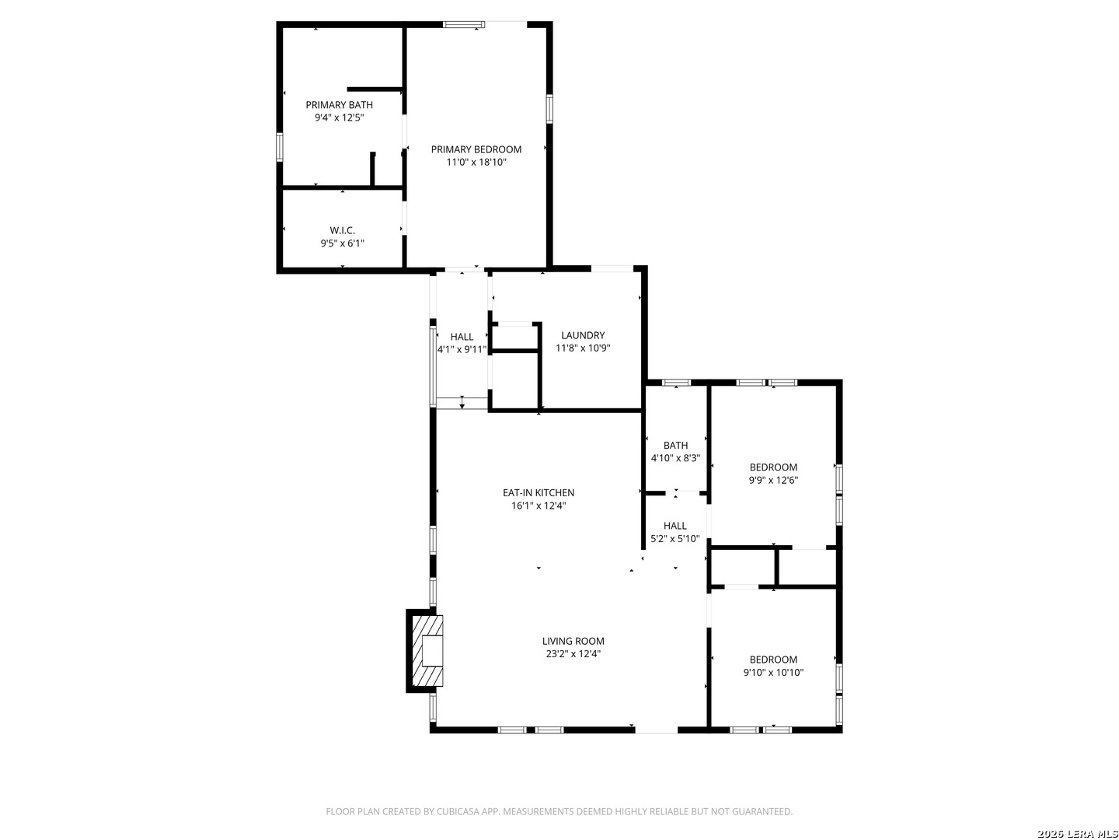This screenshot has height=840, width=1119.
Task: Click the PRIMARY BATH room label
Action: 339,104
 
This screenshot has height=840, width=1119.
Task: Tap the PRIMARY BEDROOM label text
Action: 476,149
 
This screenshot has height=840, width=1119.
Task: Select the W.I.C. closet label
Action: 342,230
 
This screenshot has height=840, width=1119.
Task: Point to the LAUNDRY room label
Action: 583,335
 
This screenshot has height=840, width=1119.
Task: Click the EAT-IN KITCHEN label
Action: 539,492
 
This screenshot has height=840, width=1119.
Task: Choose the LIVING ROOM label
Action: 573,641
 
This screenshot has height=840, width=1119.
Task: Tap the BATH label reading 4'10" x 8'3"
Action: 675,445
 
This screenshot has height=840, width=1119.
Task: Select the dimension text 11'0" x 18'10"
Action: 476,163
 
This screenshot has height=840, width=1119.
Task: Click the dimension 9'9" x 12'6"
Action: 773,480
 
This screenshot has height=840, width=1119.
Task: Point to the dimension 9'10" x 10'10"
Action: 773,672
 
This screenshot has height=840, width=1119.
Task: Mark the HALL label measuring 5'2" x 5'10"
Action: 675,525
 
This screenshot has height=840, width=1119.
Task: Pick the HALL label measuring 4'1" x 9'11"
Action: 462,337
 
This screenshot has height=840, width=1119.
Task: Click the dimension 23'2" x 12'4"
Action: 573,654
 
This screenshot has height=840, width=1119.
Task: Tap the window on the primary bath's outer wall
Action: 280,147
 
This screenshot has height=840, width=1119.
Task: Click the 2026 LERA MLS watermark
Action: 1078,834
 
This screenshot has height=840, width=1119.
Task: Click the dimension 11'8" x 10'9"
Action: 583,348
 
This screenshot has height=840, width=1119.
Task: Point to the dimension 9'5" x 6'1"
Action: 342,243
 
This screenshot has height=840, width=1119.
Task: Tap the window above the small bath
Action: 676,383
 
